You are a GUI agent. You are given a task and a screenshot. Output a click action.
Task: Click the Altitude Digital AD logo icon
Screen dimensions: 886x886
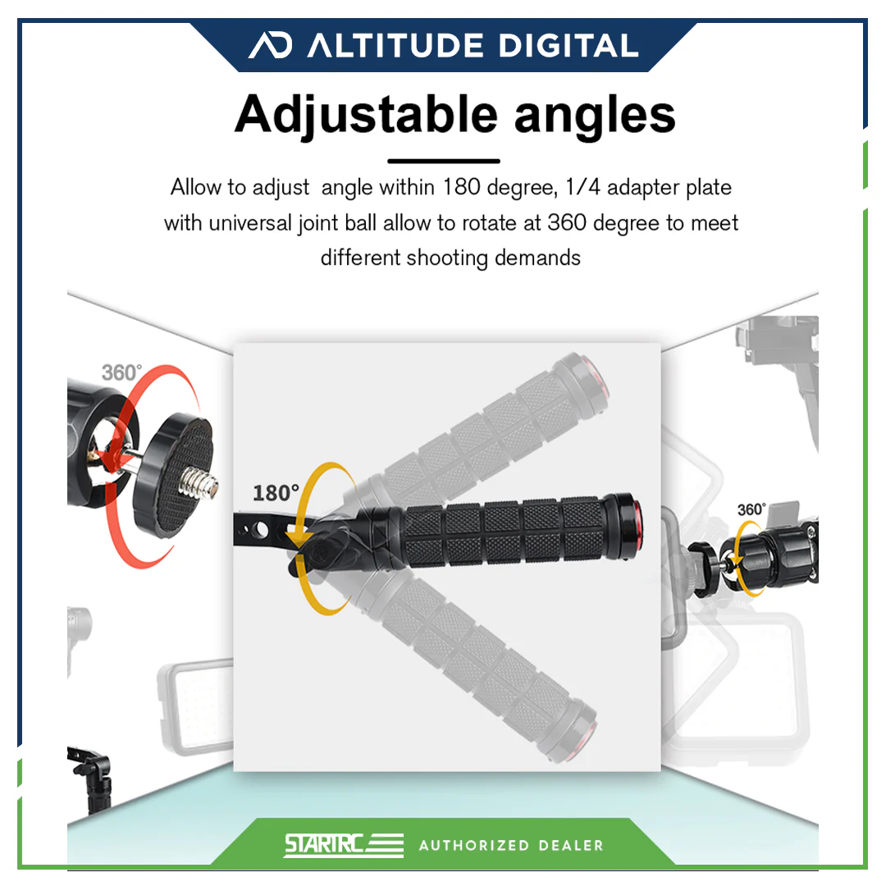pyautogui.click(x=271, y=44)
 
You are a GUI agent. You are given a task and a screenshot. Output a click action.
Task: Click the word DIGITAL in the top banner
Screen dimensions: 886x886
pyautogui.click(x=569, y=46)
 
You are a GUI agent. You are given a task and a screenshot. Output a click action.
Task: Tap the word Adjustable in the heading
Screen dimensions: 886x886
pyautogui.click(x=366, y=116)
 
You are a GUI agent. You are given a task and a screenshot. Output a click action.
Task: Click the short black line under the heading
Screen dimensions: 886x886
pyautogui.click(x=444, y=161)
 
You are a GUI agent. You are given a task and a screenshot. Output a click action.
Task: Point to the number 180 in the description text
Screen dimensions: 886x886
pyautogui.click(x=461, y=187)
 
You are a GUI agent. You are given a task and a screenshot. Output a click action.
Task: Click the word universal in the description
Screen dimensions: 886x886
pyautogui.click(x=250, y=223)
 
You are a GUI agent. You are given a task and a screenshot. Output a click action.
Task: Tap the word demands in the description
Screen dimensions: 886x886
pyautogui.click(x=537, y=258)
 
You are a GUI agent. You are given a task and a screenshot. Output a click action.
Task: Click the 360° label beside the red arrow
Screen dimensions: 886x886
pyautogui.click(x=121, y=372)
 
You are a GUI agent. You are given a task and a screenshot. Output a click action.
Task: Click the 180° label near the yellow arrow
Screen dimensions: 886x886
pyautogui.click(x=276, y=493)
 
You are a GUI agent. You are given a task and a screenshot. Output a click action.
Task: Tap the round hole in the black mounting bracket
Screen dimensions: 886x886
pyautogui.click(x=261, y=530)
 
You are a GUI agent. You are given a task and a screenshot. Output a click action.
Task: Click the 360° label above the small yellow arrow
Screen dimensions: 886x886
pyautogui.click(x=751, y=509)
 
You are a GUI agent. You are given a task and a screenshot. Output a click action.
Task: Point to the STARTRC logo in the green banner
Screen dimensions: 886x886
pyautogui.click(x=344, y=845)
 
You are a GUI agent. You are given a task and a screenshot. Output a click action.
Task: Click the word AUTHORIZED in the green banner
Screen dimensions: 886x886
pyautogui.click(x=473, y=845)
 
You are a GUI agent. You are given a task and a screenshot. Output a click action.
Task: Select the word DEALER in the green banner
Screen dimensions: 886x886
pyautogui.click(x=571, y=845)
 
